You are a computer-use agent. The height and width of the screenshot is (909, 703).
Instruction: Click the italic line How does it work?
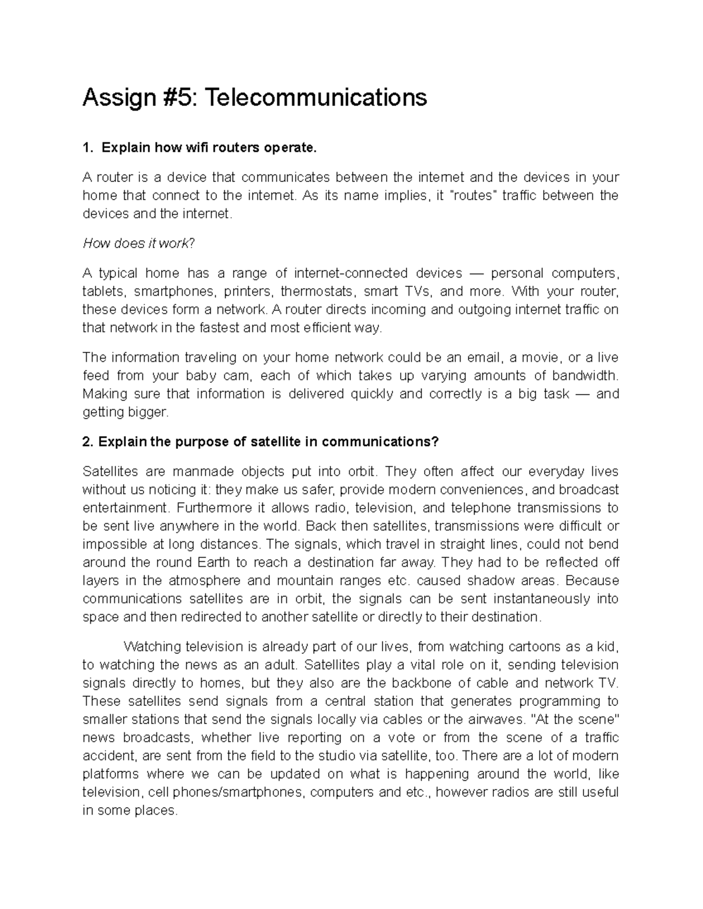pos(138,243)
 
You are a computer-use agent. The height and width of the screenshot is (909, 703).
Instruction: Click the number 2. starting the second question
pos(88,442)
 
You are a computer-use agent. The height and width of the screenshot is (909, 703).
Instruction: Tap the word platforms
pos(110,774)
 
